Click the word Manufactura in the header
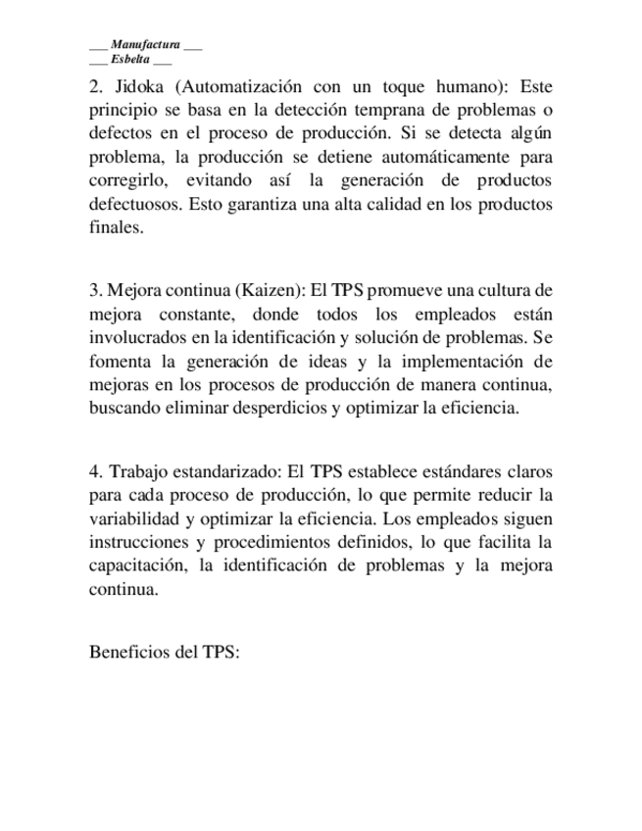coord(145,45)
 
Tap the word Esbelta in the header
coord(130,59)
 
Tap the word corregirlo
coord(126,181)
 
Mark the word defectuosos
coord(131,205)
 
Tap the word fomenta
coord(120,362)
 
